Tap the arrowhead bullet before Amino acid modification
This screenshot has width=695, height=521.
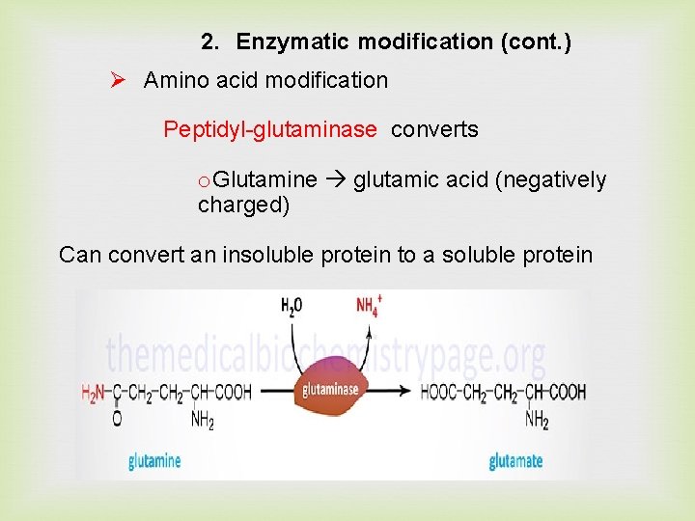(118, 80)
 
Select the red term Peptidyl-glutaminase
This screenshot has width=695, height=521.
(270, 129)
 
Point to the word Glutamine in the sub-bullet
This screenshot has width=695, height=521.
(264, 180)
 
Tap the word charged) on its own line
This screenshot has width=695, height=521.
(243, 205)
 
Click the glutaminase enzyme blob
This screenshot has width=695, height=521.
(330, 388)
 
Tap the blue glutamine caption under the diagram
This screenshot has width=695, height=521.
(154, 461)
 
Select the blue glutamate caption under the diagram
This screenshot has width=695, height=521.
(515, 461)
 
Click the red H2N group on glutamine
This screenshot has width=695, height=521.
(93, 393)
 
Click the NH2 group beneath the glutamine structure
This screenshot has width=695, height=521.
(202, 420)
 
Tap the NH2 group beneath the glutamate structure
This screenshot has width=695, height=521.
(537, 420)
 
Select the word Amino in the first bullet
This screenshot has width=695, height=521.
(174, 80)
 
